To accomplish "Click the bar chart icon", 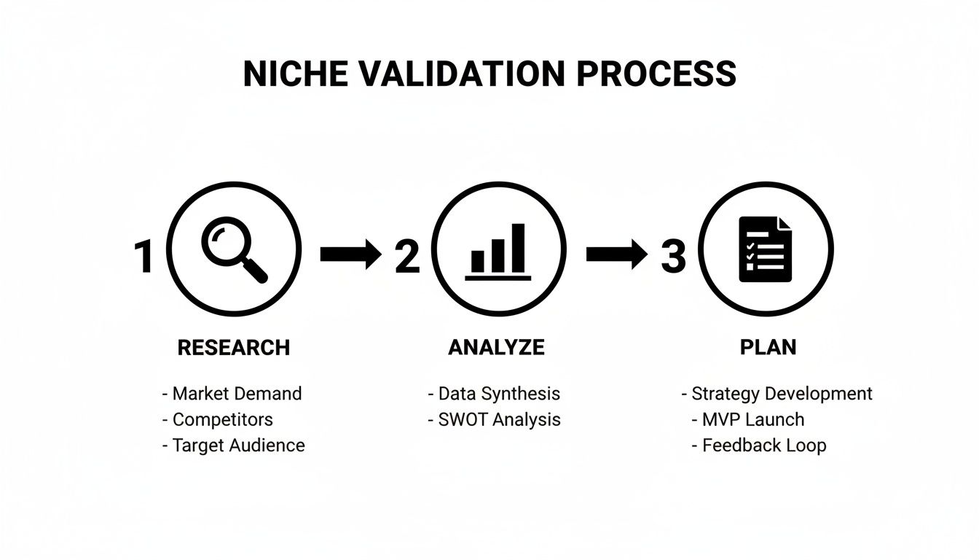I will click(x=498, y=250).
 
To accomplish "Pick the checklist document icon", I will click(x=765, y=249).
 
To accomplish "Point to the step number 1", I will click(x=144, y=257).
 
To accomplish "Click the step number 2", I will click(x=408, y=257).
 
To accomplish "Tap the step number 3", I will click(x=674, y=257).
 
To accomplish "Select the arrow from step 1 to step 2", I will click(x=350, y=254).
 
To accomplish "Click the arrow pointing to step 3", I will click(x=616, y=254).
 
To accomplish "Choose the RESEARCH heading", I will click(x=234, y=348).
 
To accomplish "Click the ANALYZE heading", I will click(x=496, y=348).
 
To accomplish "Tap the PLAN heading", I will click(x=768, y=348).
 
